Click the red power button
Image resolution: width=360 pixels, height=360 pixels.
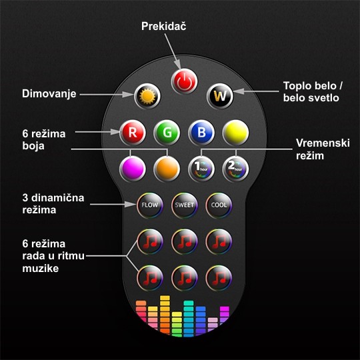pyautogui.click(x=184, y=81)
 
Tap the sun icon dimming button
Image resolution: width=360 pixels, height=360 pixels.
pyautogui.click(x=147, y=96)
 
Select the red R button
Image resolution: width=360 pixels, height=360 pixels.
pyautogui.click(x=133, y=133)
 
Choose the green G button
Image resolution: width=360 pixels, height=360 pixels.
pyautogui.click(x=167, y=133)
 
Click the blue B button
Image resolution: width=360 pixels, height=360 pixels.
pyautogui.click(x=201, y=133)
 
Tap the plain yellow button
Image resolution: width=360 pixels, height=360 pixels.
pyautogui.click(x=235, y=133)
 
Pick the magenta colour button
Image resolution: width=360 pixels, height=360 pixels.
pyautogui.click(x=133, y=169)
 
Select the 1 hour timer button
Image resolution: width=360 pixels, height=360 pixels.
pyautogui.click(x=201, y=169)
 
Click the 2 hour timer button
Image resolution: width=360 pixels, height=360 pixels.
pyautogui.click(x=235, y=169)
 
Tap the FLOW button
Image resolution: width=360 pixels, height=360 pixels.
pyautogui.click(x=150, y=205)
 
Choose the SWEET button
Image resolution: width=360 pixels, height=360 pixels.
pyautogui.click(x=185, y=205)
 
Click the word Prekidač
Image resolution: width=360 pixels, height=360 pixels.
pyautogui.click(x=164, y=26)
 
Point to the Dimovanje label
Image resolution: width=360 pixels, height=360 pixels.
pyautogui.click(x=49, y=94)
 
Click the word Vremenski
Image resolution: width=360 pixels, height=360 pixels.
pyautogui.click(x=323, y=143)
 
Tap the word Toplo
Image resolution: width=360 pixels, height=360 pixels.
pyautogui.click(x=298, y=86)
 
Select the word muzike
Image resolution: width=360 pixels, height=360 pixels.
pyautogui.click(x=41, y=269)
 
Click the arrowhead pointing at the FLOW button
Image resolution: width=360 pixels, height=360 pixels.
pyautogui.click(x=131, y=204)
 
